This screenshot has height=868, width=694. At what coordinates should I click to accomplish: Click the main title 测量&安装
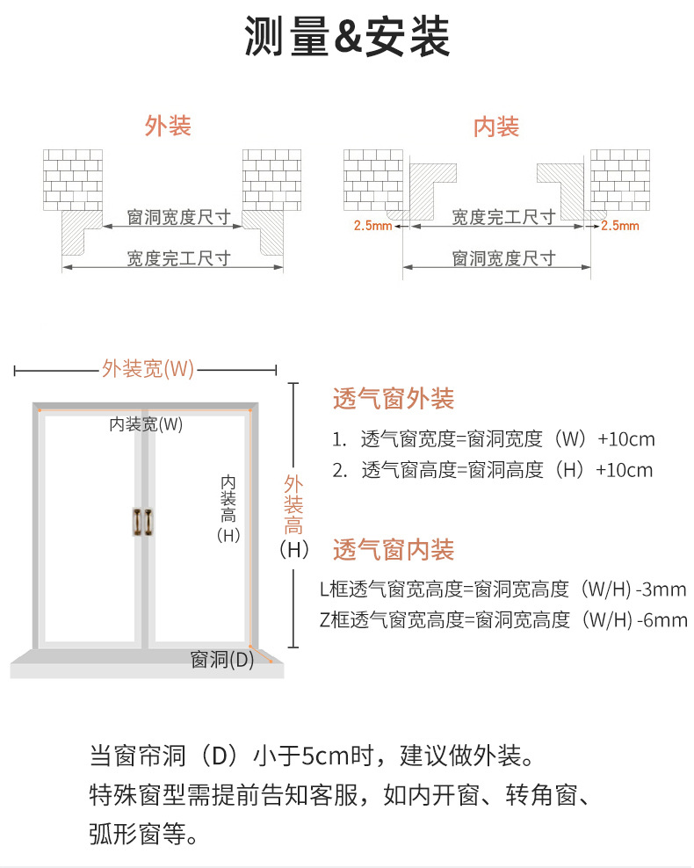pyautogui.click(x=347, y=38)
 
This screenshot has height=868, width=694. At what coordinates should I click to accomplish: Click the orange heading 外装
pyautogui.click(x=168, y=127)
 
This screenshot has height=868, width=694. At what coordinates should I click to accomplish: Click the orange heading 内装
pyautogui.click(x=496, y=127)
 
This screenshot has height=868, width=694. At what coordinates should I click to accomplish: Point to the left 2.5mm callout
pyautogui.click(x=372, y=226)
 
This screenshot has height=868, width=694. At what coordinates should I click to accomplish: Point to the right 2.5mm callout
pyautogui.click(x=620, y=226)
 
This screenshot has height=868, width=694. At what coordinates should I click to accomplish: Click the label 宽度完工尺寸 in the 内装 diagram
pyautogui.click(x=502, y=216)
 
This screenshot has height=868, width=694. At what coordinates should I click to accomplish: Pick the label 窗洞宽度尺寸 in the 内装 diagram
pyautogui.click(x=503, y=257)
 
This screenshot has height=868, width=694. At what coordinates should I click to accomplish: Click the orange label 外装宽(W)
pyautogui.click(x=148, y=369)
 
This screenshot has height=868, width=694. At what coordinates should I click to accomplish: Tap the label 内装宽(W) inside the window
pyautogui.click(x=146, y=424)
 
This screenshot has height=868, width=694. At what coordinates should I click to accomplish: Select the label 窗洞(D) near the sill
pyautogui.click(x=222, y=659)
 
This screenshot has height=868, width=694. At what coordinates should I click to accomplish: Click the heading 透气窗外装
pyautogui.click(x=394, y=399)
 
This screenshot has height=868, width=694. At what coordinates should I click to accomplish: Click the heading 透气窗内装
pyautogui.click(x=394, y=551)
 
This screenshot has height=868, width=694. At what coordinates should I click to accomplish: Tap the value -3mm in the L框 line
pyautogui.click(x=662, y=590)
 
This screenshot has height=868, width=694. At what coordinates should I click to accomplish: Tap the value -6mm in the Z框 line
pyautogui.click(x=662, y=620)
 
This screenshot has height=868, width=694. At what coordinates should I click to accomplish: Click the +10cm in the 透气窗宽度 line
pyautogui.click(x=625, y=439)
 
